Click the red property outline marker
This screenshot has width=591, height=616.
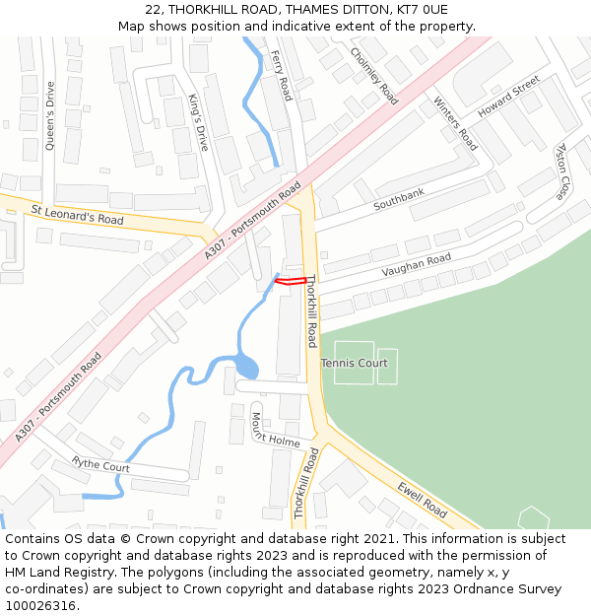[290, 282]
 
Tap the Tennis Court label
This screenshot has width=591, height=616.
[355, 364]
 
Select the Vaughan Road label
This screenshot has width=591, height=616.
[417, 265]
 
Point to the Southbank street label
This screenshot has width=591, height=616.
[399, 200]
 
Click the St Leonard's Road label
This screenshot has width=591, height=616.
[78, 215]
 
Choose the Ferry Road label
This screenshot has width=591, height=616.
[282, 76]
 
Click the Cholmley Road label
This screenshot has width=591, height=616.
[374, 76]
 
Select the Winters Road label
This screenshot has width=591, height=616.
[455, 124]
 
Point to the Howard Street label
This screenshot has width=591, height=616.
[509, 97]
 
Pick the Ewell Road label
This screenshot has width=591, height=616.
[423, 500]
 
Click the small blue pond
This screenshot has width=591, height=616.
[245, 369]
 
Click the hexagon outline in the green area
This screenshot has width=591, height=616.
[533, 517]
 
